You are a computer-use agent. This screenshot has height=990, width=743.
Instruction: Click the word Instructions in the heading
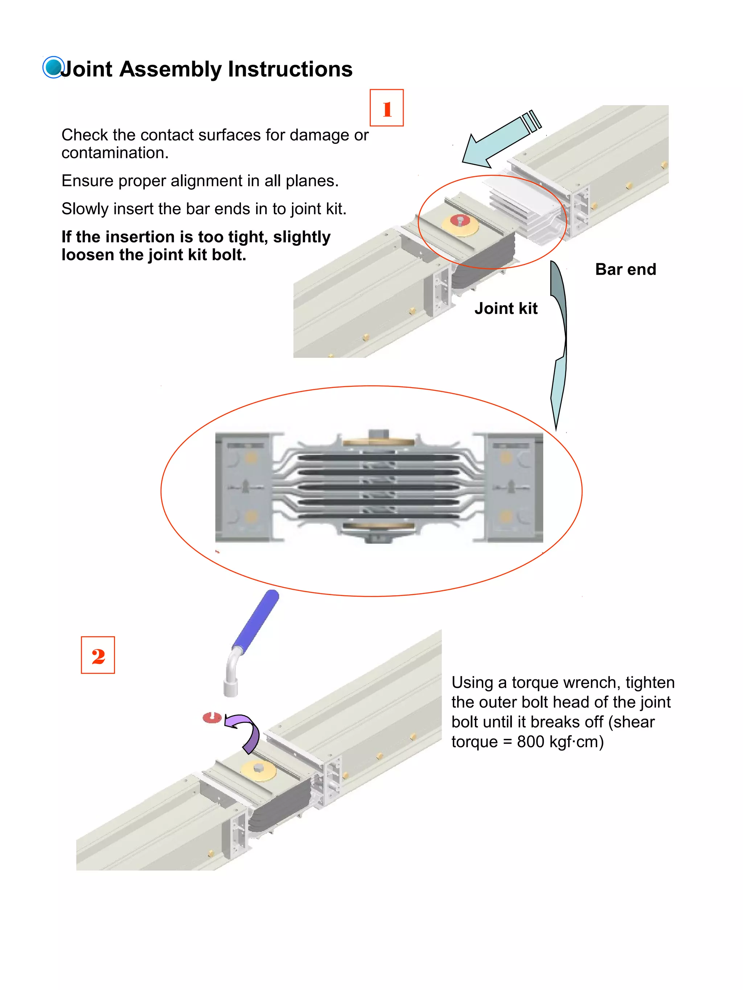[290, 69]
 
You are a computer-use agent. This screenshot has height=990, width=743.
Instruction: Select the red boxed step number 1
[386, 108]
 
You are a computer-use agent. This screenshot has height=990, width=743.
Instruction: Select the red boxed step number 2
[98, 655]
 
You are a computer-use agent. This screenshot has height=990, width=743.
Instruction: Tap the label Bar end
[625, 269]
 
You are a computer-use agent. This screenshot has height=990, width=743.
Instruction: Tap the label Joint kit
[506, 308]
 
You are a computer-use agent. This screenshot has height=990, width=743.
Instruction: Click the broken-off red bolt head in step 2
[212, 717]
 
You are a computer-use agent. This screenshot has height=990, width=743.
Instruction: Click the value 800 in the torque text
[530, 742]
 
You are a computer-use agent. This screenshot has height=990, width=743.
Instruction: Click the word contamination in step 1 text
[114, 153]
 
